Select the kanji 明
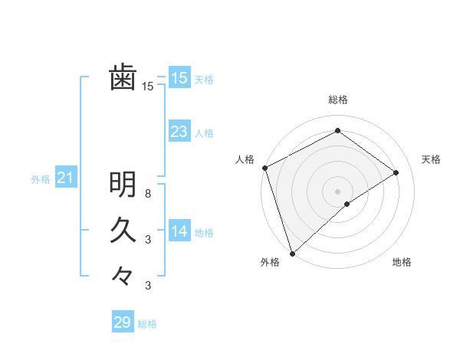123,184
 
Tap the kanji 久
123,230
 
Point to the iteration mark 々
123,275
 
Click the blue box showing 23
179,132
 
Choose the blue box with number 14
179,231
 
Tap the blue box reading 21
64,178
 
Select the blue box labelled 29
122,322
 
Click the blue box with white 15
179,78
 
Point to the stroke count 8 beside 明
148,194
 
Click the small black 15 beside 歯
148,87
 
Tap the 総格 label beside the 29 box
147,324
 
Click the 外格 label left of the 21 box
41,179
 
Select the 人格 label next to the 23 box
204,133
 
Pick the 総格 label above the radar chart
338,100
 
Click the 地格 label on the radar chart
402,262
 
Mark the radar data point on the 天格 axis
396,172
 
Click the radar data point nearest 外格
292,253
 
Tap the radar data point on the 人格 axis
264,168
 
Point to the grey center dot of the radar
338,191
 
